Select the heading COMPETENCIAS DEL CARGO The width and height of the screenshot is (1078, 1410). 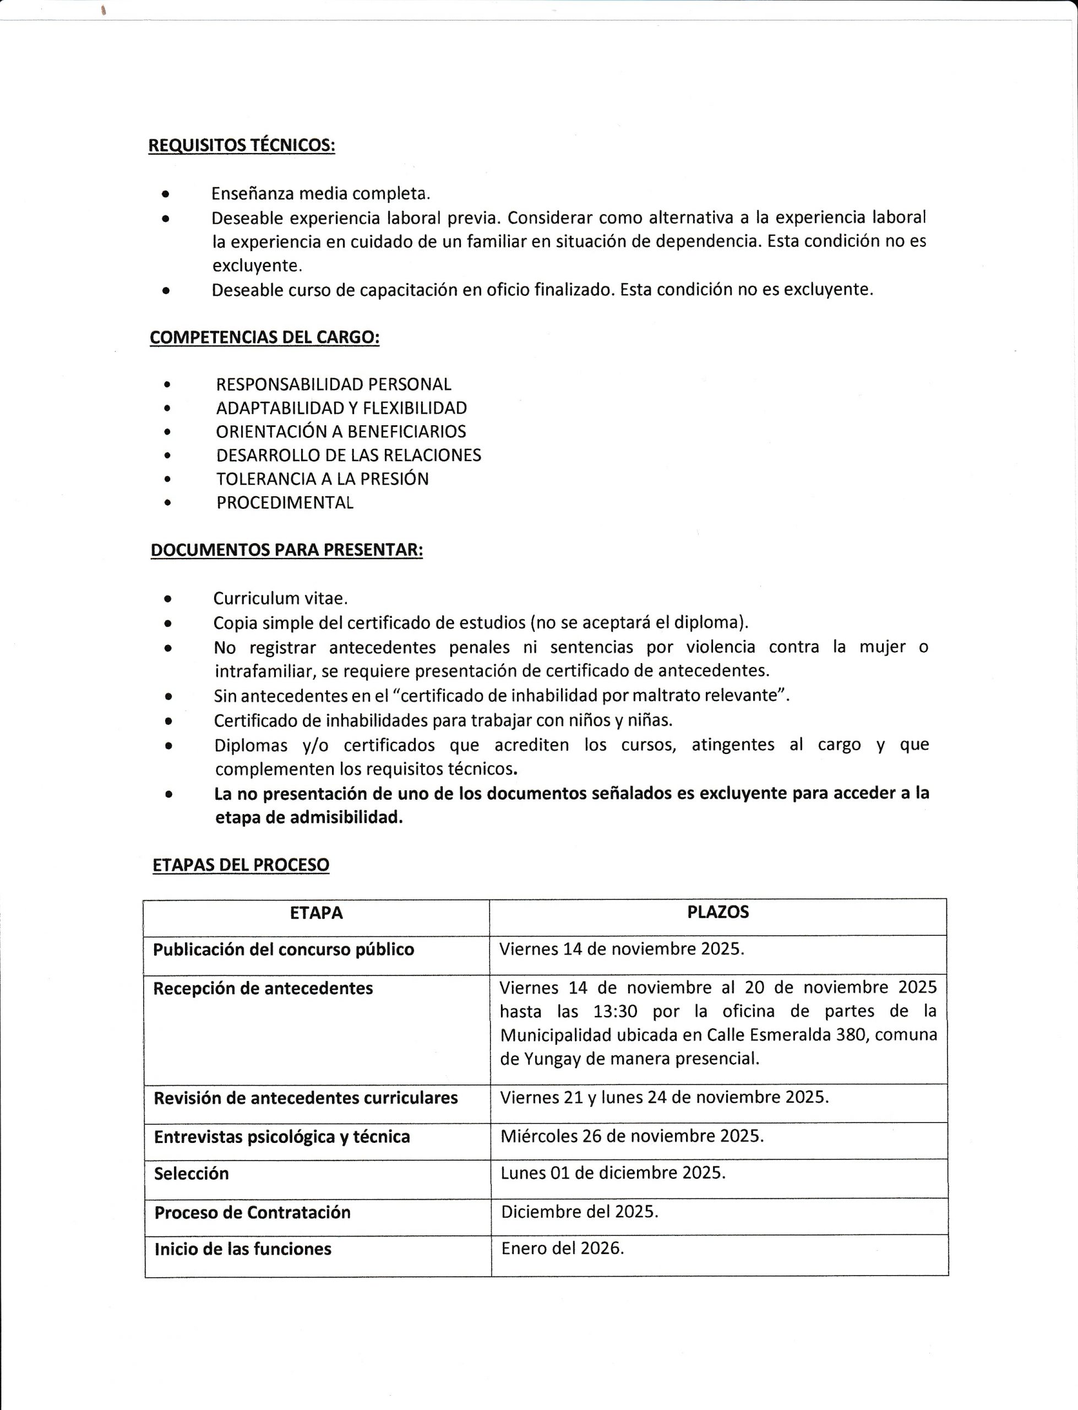(264, 337)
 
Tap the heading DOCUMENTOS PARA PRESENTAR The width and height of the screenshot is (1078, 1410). (286, 550)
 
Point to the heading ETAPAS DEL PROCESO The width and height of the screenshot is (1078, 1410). (241, 865)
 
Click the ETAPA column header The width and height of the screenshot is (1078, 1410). (317, 913)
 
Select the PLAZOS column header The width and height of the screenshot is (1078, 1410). (717, 912)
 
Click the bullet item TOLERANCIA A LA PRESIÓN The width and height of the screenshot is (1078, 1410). (322, 479)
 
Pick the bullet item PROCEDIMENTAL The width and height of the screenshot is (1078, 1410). (284, 502)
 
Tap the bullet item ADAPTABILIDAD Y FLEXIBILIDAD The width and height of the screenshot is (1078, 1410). (341, 408)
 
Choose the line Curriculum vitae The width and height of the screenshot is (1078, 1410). (280, 598)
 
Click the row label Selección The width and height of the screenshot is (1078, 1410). (191, 1173)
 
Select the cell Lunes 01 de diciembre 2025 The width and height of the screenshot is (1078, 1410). (613, 1173)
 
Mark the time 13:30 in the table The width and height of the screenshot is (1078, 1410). (615, 1011)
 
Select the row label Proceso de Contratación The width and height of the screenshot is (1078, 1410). (252, 1212)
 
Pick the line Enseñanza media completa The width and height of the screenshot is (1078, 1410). (321, 193)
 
